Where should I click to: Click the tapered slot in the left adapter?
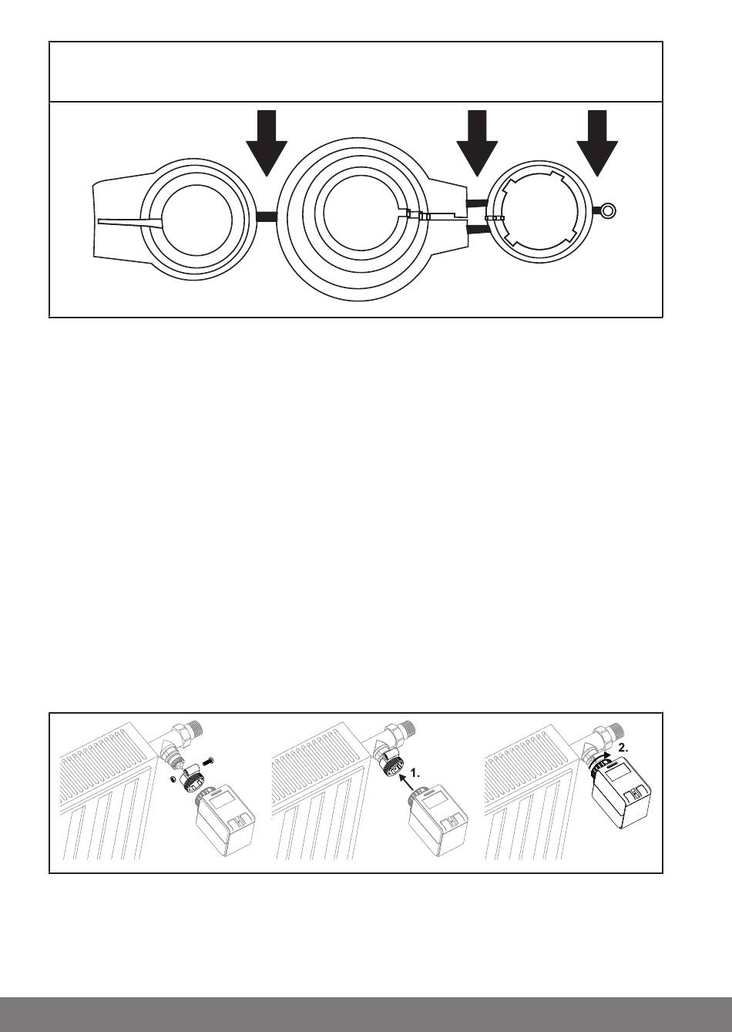pos(131,222)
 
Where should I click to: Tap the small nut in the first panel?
pos(171,779)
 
